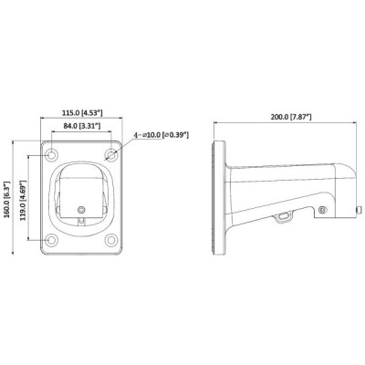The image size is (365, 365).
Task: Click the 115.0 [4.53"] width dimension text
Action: (x=80, y=112)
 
